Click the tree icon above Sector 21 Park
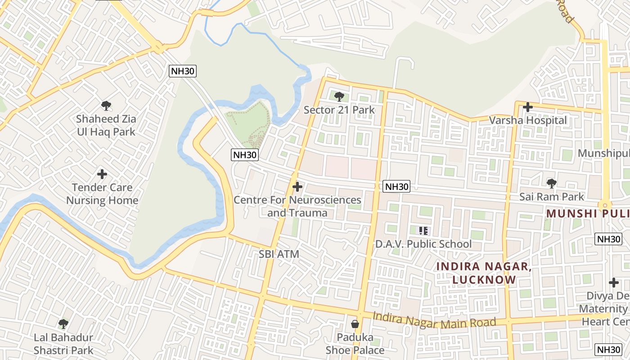(339, 96)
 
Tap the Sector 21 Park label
(339, 110)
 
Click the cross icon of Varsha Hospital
(528, 107)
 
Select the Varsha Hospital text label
(528, 121)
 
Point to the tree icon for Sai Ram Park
(551, 183)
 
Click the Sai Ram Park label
(551, 197)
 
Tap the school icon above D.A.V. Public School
(423, 231)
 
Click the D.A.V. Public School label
(423, 244)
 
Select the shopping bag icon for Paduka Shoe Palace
(355, 324)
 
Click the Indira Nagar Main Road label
(434, 320)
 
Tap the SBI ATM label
(279, 254)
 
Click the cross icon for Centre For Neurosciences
(297, 186)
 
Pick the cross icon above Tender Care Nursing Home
(102, 174)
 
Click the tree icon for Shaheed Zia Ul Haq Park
(106, 106)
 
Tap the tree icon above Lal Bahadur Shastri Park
(63, 324)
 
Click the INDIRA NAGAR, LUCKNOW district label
(484, 273)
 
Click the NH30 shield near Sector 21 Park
(245, 155)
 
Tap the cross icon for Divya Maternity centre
(614, 283)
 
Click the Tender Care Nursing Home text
(102, 194)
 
